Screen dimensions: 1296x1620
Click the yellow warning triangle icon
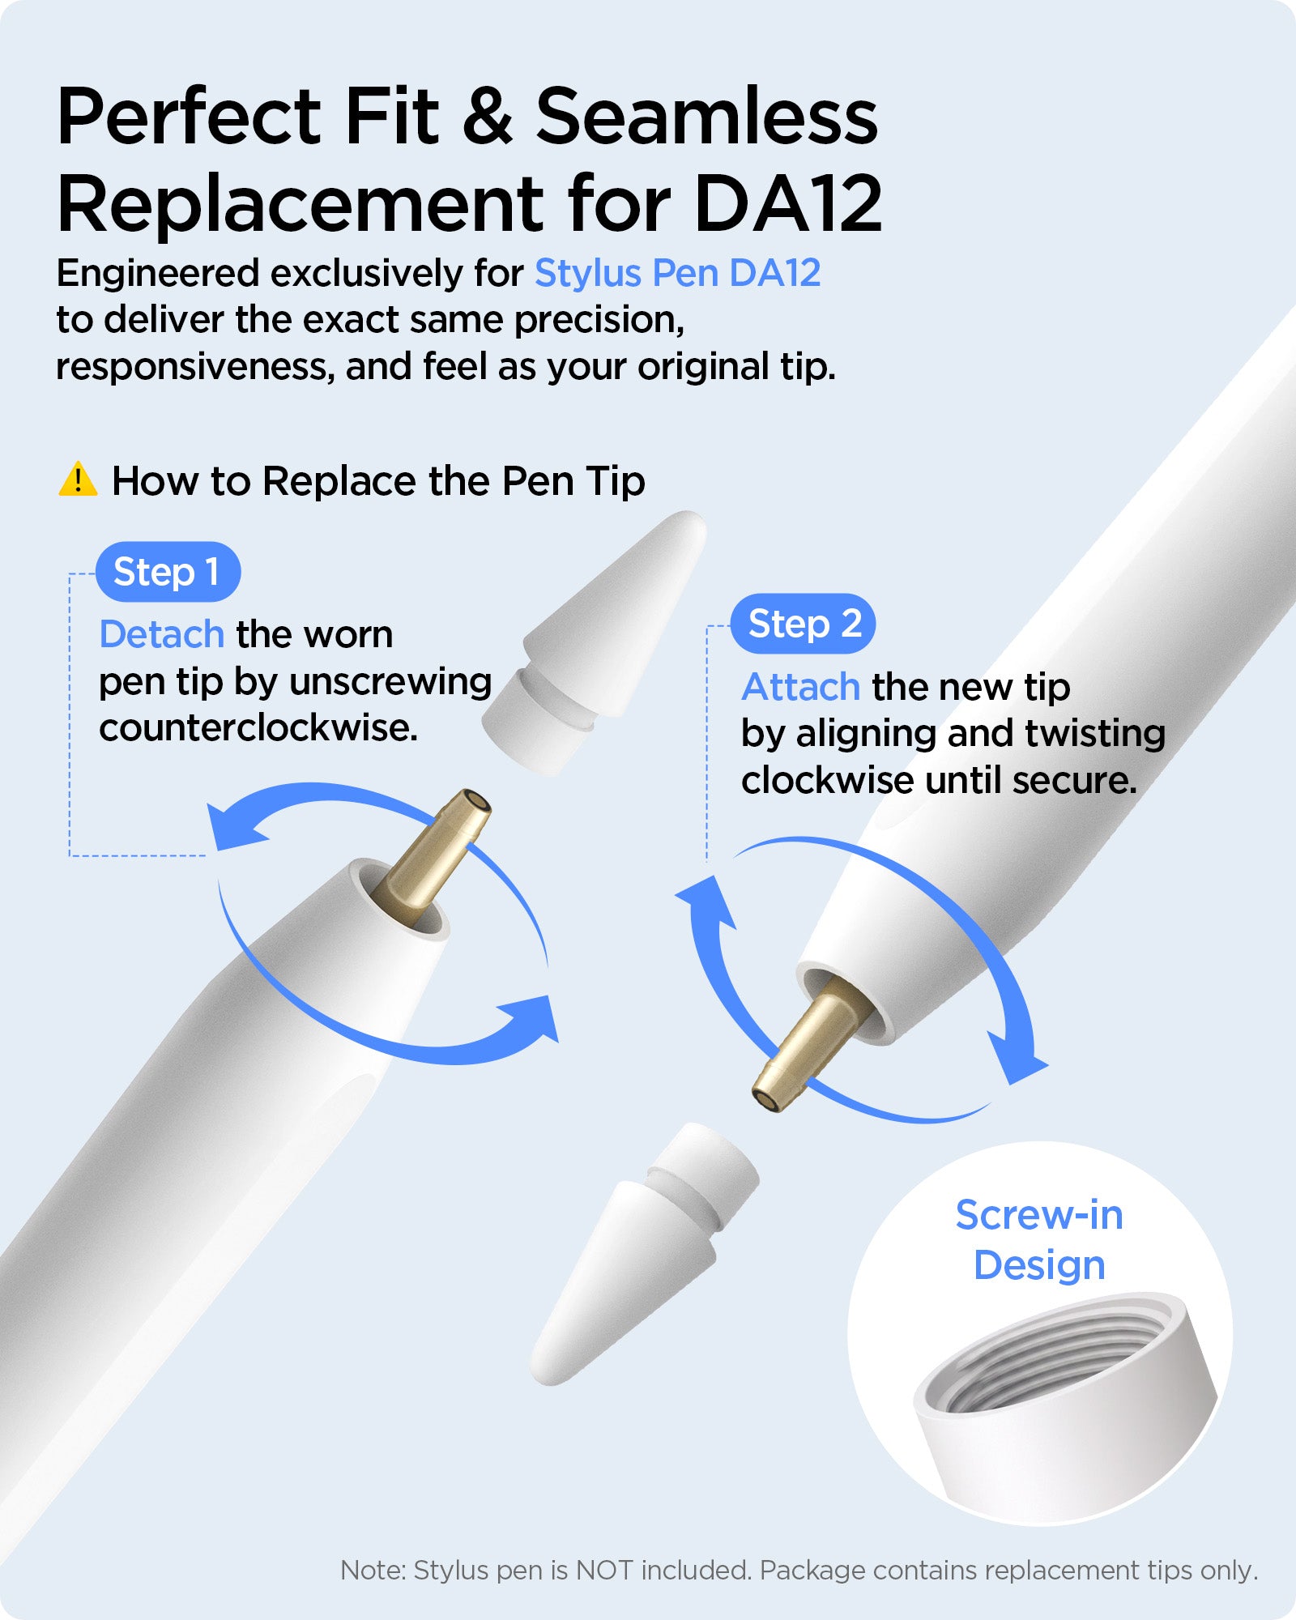[x=78, y=480]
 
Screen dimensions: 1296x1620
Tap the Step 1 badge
[x=168, y=572]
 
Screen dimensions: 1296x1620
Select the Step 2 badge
[x=803, y=624]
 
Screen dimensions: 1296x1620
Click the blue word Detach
[x=161, y=633]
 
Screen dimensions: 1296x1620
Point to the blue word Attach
[x=800, y=687]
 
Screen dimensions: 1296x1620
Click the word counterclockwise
[x=258, y=727]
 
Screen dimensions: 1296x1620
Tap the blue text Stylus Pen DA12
[x=678, y=273]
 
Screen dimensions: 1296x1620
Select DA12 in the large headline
[x=787, y=202]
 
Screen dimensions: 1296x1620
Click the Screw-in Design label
[x=1039, y=1239]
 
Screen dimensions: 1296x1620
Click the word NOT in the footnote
[x=604, y=1570]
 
